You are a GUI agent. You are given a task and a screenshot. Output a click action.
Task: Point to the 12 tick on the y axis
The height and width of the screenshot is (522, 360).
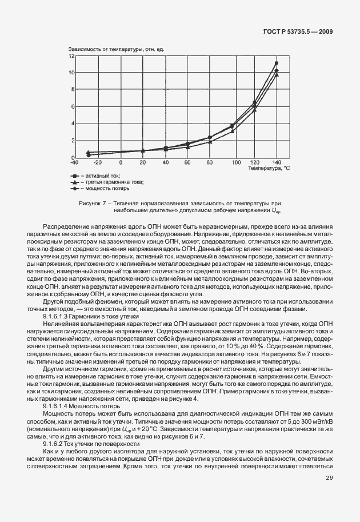coord(71,55)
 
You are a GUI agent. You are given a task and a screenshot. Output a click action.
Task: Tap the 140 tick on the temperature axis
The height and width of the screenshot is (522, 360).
coord(277,162)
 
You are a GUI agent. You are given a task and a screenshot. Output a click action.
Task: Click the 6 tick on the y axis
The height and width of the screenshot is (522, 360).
coord(73,106)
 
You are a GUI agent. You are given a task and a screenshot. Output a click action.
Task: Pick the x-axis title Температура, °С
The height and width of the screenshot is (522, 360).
coord(269,169)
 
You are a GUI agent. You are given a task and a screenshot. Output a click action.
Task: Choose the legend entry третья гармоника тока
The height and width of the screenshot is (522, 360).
coord(115,182)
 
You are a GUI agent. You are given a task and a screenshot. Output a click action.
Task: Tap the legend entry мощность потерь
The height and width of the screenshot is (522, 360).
coord(109,188)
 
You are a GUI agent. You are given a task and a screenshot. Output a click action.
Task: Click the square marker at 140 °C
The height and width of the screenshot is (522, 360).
coord(277,63)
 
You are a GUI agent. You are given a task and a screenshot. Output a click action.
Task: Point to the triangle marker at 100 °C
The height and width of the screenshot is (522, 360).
coord(232,131)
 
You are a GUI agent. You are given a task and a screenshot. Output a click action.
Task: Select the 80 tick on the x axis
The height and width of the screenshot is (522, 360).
coord(210,162)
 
